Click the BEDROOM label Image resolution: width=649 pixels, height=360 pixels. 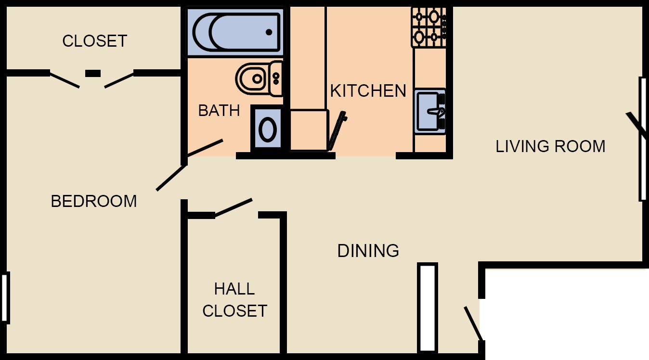point(93,201)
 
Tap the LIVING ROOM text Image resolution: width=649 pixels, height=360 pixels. point(550,146)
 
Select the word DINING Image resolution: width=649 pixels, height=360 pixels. point(368,251)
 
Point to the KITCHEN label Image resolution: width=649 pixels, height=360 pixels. point(368,91)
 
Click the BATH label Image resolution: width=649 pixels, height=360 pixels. point(219,111)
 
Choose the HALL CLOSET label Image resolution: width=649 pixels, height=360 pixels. point(234,300)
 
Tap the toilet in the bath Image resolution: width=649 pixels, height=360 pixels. point(259,78)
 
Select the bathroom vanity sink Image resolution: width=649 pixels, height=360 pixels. point(267,129)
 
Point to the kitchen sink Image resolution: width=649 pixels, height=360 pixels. point(429,112)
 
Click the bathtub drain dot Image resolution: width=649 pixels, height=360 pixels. point(269,32)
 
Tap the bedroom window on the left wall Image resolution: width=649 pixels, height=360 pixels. point(5,298)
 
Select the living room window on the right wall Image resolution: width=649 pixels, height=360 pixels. point(642,139)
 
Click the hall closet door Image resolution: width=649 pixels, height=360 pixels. point(233,207)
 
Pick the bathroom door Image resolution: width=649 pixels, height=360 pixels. point(205,148)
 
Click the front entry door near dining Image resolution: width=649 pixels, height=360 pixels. point(473,323)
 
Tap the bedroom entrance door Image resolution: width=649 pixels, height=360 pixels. point(171,178)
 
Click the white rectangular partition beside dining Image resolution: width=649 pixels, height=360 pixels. point(428,308)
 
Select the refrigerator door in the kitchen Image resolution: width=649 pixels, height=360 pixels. point(337,130)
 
